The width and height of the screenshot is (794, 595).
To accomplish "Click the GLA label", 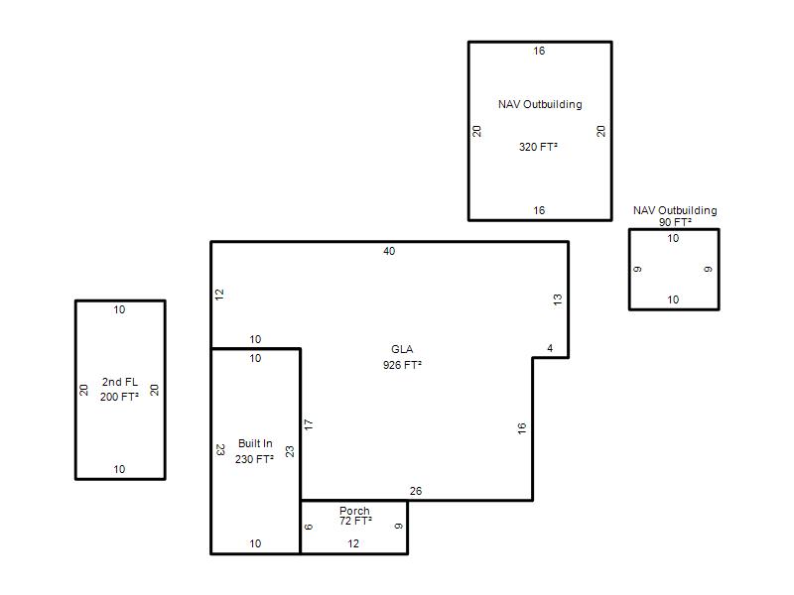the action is pyautogui.click(x=402, y=349).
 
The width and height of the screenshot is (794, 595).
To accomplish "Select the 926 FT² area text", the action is pyautogui.click(x=403, y=365).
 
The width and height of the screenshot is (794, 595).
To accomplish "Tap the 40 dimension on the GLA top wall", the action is pyautogui.click(x=389, y=251).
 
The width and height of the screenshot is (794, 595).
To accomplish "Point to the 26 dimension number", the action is pyautogui.click(x=416, y=491).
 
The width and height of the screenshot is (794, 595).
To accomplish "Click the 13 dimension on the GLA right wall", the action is pyautogui.click(x=558, y=299).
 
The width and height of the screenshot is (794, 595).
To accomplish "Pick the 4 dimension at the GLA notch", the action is pyautogui.click(x=550, y=348).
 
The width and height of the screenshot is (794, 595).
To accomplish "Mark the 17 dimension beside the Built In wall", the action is pyautogui.click(x=309, y=424).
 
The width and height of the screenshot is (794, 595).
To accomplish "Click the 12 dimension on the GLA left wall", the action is pyautogui.click(x=219, y=295).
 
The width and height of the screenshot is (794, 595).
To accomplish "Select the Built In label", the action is pyautogui.click(x=255, y=443).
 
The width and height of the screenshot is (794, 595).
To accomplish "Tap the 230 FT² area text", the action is pyautogui.click(x=254, y=459).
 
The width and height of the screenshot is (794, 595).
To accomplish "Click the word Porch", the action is pyautogui.click(x=354, y=511).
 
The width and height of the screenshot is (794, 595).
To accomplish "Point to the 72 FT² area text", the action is pyautogui.click(x=355, y=521).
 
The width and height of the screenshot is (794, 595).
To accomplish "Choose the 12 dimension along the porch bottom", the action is pyautogui.click(x=353, y=543).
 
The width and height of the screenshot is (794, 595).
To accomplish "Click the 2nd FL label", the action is pyautogui.click(x=120, y=382).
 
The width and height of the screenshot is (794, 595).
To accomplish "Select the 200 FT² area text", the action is pyautogui.click(x=119, y=397).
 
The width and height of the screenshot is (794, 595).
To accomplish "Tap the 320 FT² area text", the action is pyautogui.click(x=538, y=147).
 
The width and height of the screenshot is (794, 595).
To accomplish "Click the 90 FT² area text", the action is pyautogui.click(x=676, y=222).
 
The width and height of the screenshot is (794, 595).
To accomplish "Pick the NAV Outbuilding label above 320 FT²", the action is pyautogui.click(x=540, y=104).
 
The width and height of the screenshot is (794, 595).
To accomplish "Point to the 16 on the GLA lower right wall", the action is pyautogui.click(x=522, y=428).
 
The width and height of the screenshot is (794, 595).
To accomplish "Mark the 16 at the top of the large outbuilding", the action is pyautogui.click(x=539, y=51).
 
